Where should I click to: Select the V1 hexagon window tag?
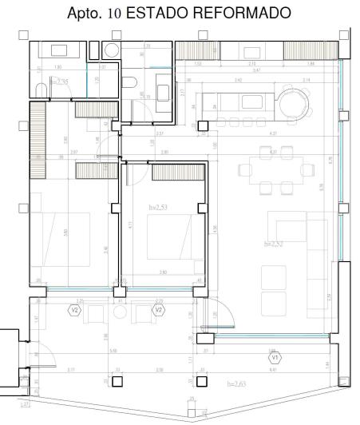pos(275,358)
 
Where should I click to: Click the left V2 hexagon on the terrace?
pos(76,309)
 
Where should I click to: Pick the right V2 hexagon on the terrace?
pos(159,309)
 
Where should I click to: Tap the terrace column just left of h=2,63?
pos(202,381)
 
